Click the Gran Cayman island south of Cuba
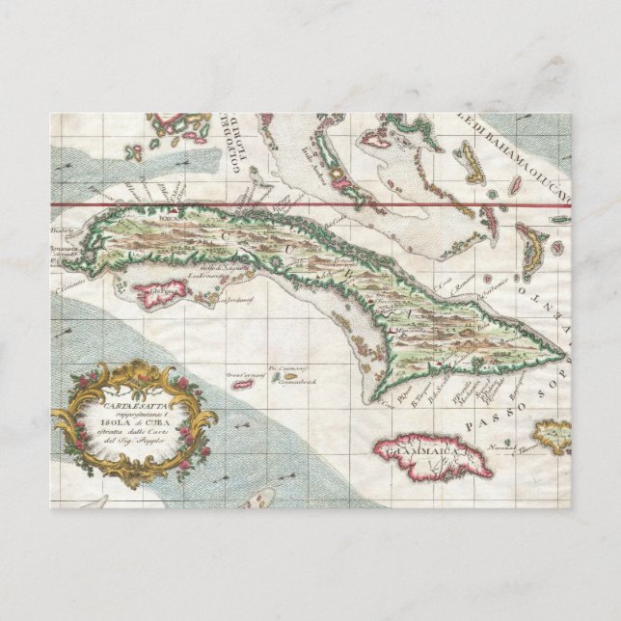tap(242, 385)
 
